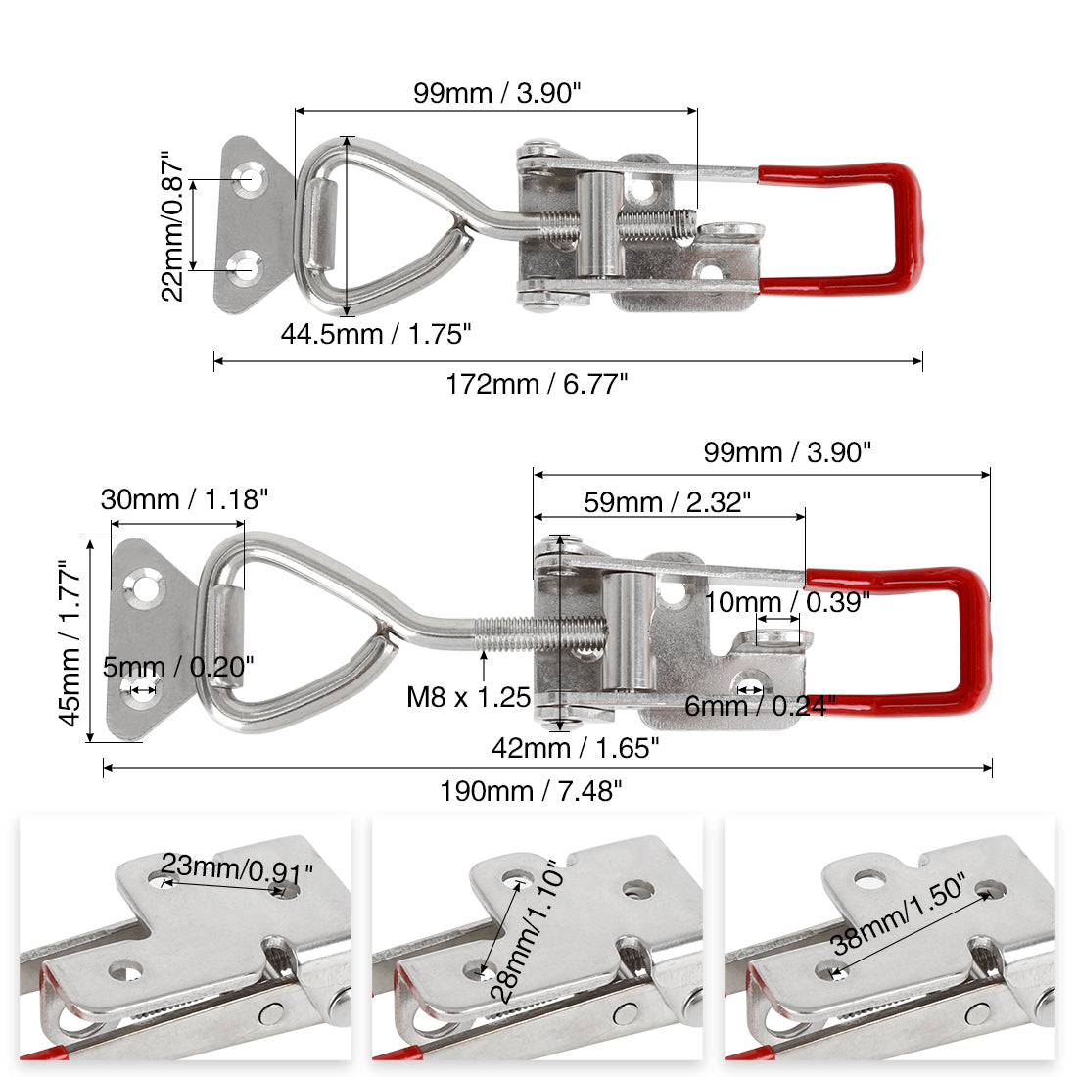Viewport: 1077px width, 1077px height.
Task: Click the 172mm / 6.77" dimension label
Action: (x=537, y=384)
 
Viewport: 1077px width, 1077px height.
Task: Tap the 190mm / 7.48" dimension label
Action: (x=531, y=791)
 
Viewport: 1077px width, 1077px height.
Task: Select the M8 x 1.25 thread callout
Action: (x=468, y=697)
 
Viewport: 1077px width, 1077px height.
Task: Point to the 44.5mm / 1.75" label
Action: (x=376, y=335)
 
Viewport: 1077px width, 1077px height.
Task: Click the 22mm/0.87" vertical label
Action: (x=172, y=226)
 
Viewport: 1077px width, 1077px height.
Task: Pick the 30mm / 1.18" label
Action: (x=184, y=499)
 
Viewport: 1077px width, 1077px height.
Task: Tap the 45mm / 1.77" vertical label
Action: (x=70, y=642)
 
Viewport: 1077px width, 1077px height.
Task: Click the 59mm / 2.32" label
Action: (x=667, y=502)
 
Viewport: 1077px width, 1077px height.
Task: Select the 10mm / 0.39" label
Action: (x=787, y=602)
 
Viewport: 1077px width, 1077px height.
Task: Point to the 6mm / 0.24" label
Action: (x=761, y=705)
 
